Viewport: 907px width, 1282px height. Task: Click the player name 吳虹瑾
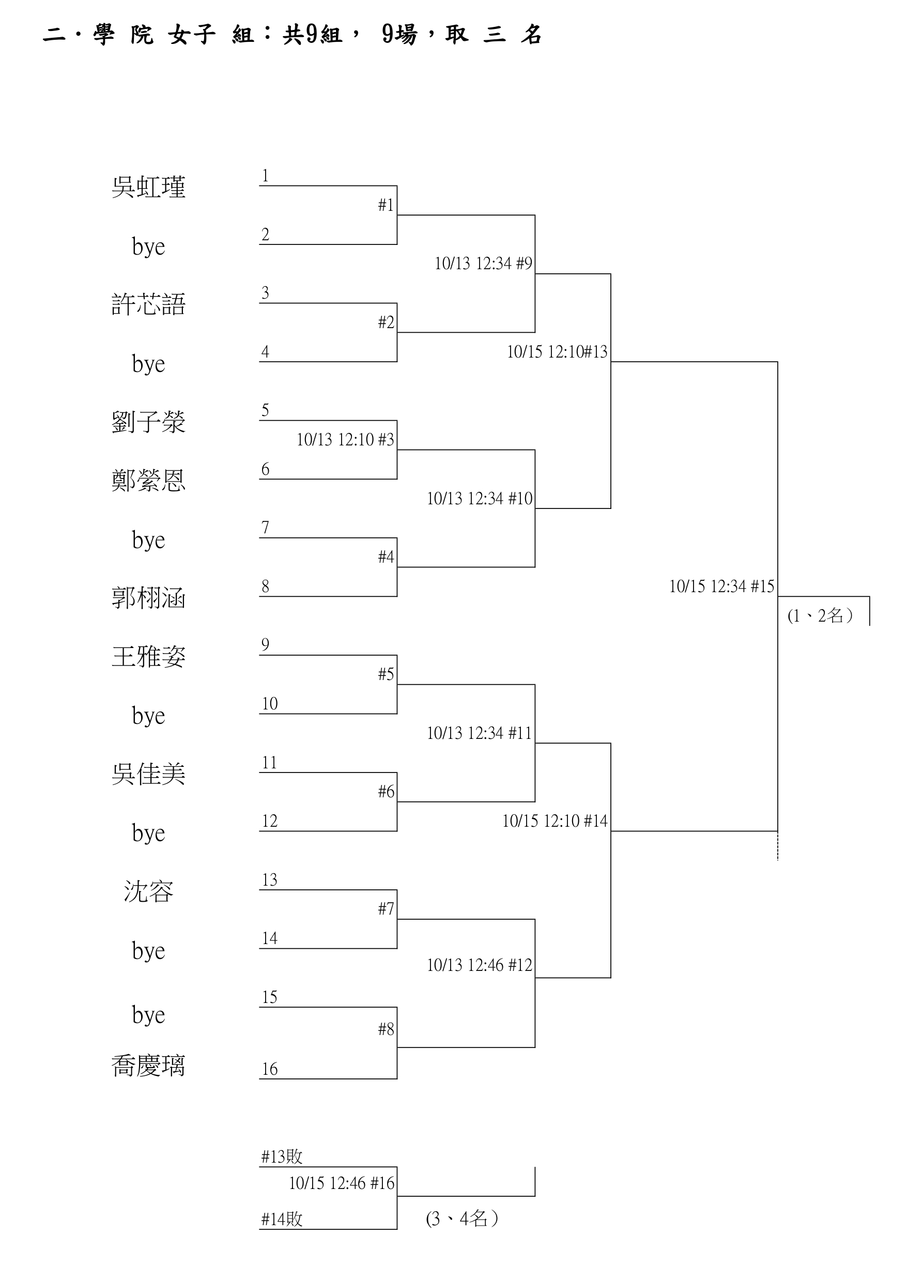[x=148, y=187]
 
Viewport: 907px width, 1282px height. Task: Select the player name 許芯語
[x=148, y=304]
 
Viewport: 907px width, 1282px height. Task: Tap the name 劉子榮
[x=148, y=422]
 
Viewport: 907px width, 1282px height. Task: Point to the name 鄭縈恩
[x=148, y=480]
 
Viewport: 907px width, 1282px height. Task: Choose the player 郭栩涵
[x=148, y=598]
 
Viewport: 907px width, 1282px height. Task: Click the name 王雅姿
[x=148, y=657]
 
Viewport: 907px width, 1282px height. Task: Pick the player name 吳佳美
[x=148, y=774]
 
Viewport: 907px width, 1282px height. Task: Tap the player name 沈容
[x=148, y=891]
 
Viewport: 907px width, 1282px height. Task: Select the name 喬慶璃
[x=148, y=1065]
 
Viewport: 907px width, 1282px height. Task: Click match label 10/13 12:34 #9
[x=483, y=264]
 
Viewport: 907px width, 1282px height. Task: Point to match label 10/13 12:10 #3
[x=345, y=439]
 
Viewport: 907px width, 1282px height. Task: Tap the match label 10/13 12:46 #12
[x=479, y=965]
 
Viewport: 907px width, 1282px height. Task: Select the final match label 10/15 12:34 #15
[x=721, y=586]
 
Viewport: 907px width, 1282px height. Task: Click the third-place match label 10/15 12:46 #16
[x=341, y=1183]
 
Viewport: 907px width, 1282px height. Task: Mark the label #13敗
[x=282, y=1156]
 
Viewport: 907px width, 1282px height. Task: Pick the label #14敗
[x=282, y=1218]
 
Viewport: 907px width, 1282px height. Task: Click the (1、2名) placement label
[x=820, y=615]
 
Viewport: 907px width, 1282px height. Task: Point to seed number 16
[x=269, y=1069]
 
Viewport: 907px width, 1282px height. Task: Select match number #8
[x=386, y=1029]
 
